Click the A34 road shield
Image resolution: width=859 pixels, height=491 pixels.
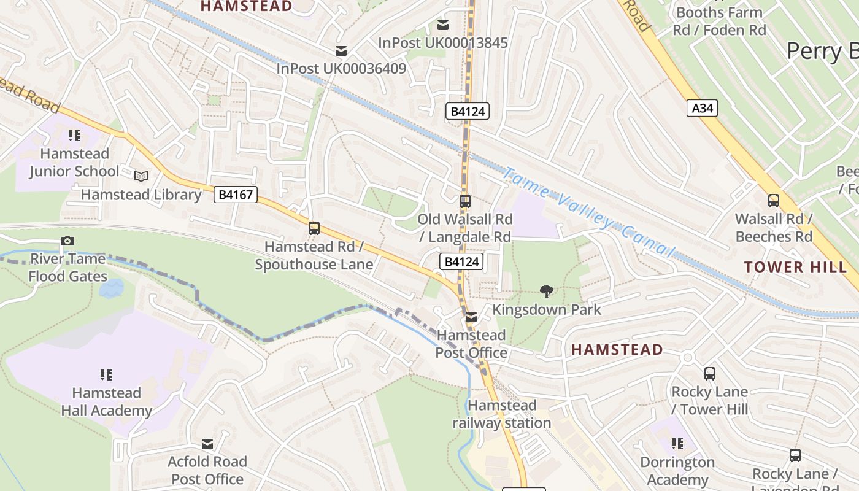click(702, 109)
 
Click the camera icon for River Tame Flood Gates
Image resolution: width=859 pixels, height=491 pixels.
click(67, 241)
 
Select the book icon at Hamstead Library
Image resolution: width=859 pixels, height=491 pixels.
click(141, 177)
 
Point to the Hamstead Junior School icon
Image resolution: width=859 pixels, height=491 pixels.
click(74, 136)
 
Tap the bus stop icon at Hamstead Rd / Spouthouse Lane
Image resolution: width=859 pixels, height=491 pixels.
click(314, 228)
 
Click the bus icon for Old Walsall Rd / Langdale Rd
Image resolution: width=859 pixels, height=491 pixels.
click(465, 201)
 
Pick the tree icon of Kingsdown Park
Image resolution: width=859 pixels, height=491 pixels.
click(546, 292)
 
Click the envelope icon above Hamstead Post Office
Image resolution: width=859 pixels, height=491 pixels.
click(471, 317)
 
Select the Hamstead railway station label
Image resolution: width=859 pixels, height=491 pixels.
click(502, 414)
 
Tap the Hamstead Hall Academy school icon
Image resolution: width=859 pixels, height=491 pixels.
click(106, 374)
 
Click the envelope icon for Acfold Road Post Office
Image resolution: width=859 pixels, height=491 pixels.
click(207, 444)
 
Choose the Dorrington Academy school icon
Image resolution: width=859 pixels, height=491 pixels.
click(677, 444)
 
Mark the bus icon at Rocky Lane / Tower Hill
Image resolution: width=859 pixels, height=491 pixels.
click(710, 373)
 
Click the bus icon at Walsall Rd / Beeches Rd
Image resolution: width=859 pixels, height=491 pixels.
click(774, 201)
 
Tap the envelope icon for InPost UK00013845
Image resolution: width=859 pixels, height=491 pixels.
click(442, 25)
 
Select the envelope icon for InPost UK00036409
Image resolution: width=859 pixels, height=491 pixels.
click(341, 50)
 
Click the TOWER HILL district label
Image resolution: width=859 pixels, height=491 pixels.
click(795, 267)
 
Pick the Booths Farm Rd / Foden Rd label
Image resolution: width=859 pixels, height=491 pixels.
click(719, 21)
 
